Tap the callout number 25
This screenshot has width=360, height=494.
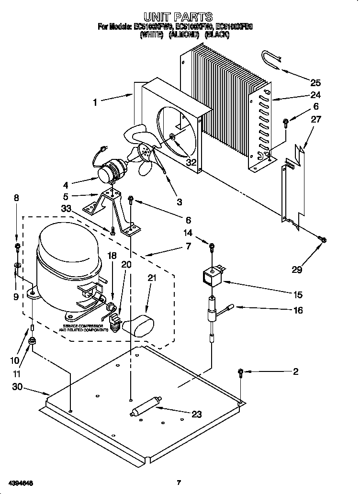pyautogui.click(x=315, y=82)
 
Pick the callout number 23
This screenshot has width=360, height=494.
pyautogui.click(x=196, y=415)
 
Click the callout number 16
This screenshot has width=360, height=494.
pyautogui.click(x=298, y=311)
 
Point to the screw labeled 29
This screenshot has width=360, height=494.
pyautogui.click(x=322, y=239)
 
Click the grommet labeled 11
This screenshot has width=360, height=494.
pyautogui.click(x=33, y=341)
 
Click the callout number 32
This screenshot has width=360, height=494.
pyautogui.click(x=191, y=162)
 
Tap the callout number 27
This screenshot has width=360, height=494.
pyautogui.click(x=315, y=119)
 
